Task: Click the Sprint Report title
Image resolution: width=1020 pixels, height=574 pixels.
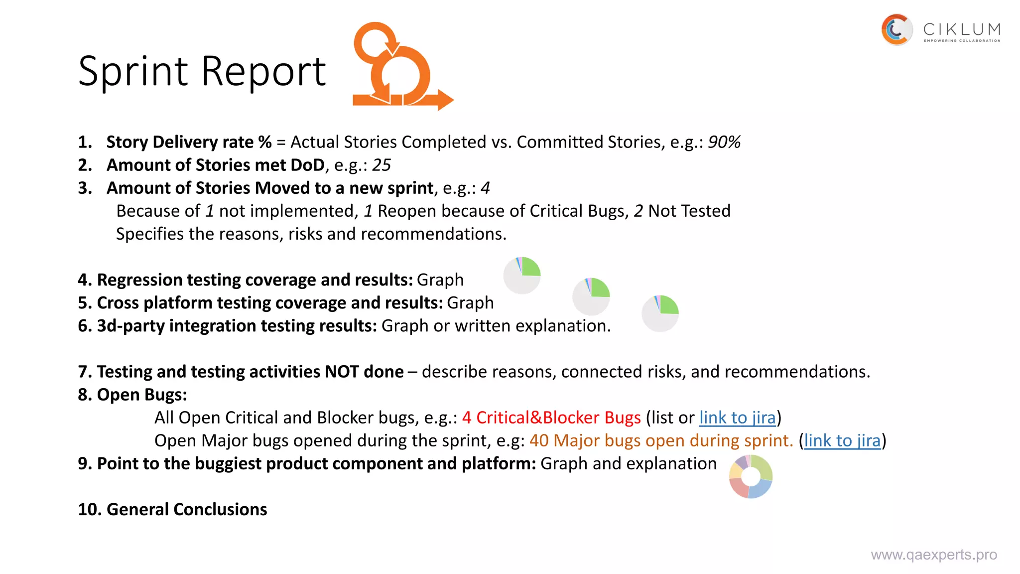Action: pos(202,71)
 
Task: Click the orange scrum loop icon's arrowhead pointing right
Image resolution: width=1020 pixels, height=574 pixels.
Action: pos(445,100)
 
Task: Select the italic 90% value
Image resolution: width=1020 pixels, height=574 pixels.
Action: pos(724,143)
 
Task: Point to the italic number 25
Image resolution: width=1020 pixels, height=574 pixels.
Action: pos(382,165)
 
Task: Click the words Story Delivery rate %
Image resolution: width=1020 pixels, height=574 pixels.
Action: pos(189,143)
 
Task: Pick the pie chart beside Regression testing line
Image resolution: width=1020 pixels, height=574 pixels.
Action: pos(522,276)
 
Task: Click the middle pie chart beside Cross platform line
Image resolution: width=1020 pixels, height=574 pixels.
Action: pos(591,296)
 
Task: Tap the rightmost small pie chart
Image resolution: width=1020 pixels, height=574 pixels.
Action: pos(660,313)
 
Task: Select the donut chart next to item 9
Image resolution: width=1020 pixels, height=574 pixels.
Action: pos(751,476)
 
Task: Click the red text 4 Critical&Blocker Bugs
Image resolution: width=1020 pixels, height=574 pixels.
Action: pos(551,418)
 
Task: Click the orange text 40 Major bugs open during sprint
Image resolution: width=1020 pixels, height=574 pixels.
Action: pos(661,441)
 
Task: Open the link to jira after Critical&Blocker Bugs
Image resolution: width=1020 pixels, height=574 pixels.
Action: pos(738,418)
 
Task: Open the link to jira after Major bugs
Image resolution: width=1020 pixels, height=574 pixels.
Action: pos(842,441)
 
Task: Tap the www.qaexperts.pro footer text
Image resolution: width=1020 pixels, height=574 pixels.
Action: pos(934,555)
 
